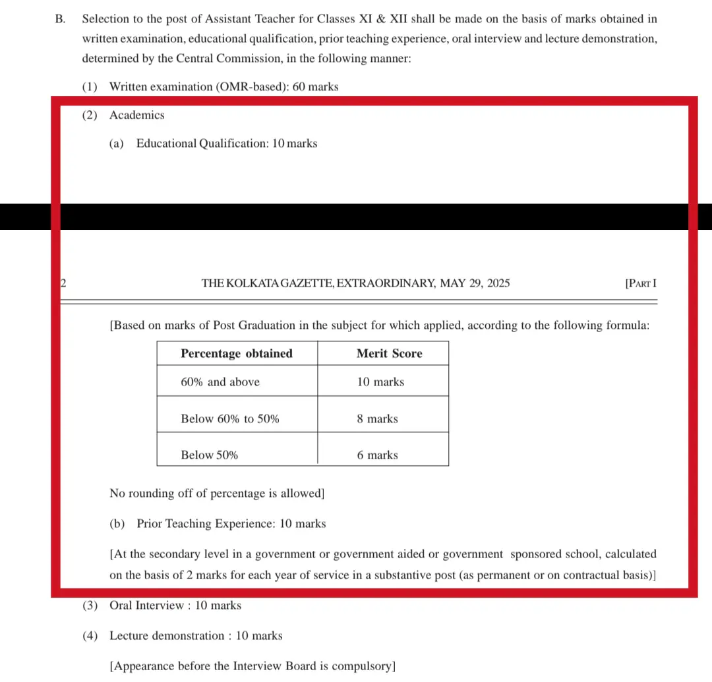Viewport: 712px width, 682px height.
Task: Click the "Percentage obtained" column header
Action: coord(237,354)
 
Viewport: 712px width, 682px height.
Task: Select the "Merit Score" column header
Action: coord(389,354)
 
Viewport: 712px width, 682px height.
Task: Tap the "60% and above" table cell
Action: coord(220,382)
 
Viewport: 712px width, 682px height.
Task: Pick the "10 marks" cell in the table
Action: coord(380,382)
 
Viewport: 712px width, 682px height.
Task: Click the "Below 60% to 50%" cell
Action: coord(230,419)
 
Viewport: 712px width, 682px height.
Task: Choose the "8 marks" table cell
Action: coord(377,419)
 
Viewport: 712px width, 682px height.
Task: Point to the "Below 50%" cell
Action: coord(210,455)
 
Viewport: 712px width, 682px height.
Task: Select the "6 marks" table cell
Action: coord(377,455)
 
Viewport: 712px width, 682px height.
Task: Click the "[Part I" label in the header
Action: coord(640,284)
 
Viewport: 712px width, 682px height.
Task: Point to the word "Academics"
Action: coord(137,115)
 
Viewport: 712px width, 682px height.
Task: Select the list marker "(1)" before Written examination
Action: coord(90,87)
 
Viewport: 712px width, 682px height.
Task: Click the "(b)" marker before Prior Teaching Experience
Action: coord(117,525)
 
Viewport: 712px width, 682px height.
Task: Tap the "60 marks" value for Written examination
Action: coord(315,87)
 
